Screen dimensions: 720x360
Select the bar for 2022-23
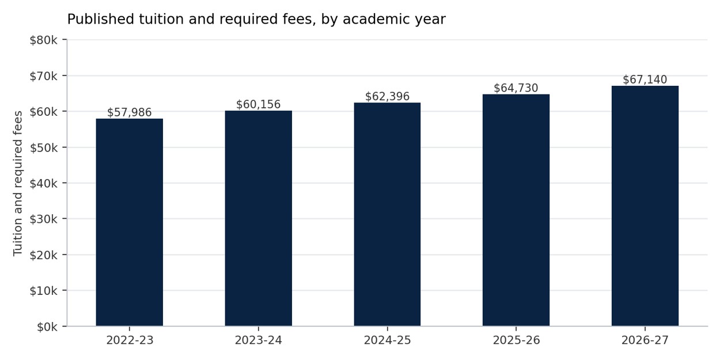coord(130,222)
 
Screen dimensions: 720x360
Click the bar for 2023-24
coord(259,218)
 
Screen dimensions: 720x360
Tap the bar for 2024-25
coord(387,214)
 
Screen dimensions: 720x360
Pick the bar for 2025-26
coord(516,210)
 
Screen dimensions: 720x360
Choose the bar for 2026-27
coord(645,206)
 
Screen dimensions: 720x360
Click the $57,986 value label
coord(129,112)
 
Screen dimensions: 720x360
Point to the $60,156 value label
coord(259,104)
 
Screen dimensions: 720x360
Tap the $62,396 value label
coord(387,96)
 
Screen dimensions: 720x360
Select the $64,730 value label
coord(516,88)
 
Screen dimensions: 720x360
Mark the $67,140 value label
coord(645,79)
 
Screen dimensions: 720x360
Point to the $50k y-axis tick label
coord(43,148)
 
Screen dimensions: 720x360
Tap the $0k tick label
coord(47,327)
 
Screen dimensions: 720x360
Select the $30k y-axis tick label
coord(43,219)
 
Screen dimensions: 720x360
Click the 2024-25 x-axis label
coord(387,340)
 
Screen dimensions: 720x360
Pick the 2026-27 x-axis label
coord(645,340)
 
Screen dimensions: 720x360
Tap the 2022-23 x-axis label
coord(130,340)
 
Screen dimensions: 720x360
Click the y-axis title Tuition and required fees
coord(18,184)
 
